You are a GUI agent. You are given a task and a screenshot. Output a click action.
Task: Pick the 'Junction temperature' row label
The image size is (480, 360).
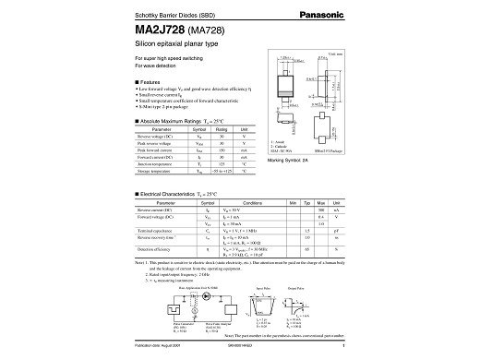pyautogui.click(x=156, y=163)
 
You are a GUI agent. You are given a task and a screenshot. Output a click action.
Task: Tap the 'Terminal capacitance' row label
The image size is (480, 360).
pyautogui.click(x=155, y=230)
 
